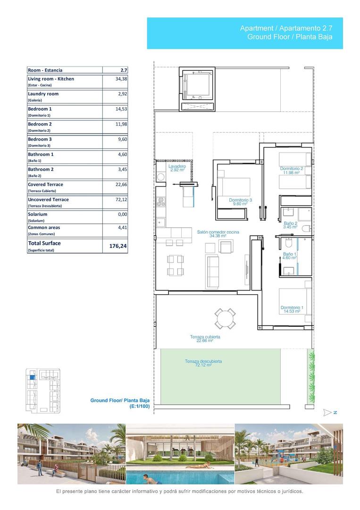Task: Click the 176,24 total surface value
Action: click(x=118, y=246)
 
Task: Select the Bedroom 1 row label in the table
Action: click(x=40, y=109)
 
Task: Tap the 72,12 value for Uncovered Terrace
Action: click(x=121, y=200)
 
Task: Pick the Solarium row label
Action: click(x=37, y=214)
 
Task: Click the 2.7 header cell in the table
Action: click(x=124, y=70)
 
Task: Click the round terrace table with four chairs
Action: click(x=225, y=318)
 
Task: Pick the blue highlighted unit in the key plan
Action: click(x=32, y=377)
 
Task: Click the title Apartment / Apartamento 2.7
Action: click(x=286, y=29)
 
